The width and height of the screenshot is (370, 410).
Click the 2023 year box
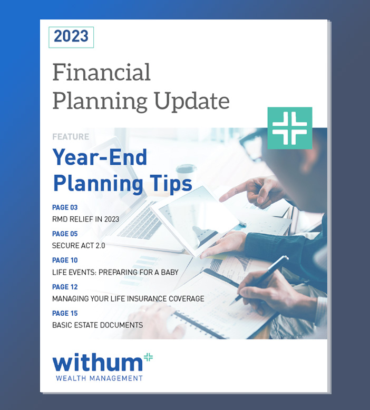point(71,37)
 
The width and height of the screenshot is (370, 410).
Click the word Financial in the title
point(102,72)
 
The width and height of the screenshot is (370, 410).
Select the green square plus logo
point(289,128)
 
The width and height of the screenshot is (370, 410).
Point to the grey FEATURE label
point(71,137)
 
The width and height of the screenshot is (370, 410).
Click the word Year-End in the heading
point(100,157)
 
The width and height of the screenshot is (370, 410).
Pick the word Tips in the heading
point(171,184)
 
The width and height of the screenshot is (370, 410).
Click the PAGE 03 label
point(65,207)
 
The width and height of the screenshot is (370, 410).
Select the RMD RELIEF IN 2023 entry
point(85,219)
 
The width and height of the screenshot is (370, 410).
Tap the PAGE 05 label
point(65,234)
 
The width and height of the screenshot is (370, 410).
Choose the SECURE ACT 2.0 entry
point(79,246)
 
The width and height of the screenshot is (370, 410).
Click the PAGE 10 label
point(65,260)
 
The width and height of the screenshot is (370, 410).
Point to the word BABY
point(170,272)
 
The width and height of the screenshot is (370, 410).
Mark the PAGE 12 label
point(65,287)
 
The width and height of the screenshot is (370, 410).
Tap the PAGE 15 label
point(65,313)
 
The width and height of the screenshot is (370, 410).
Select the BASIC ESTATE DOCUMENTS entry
point(98,325)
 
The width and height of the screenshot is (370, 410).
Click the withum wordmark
point(98,363)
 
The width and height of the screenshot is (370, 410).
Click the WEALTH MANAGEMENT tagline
point(99,378)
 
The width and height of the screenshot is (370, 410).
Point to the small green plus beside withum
point(149,357)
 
